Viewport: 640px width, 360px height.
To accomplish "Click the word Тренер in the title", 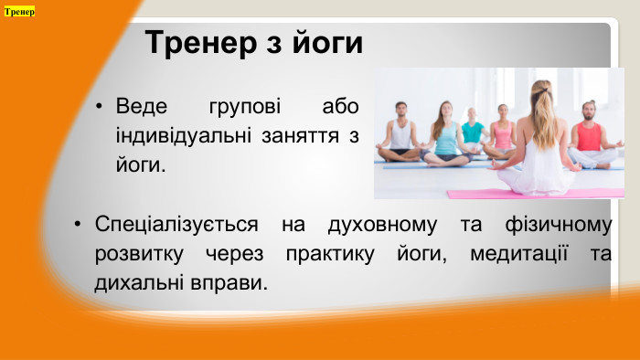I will tap(199, 44).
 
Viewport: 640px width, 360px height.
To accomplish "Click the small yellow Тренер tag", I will tap(19, 12).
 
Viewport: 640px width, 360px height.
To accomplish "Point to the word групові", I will tap(244, 106).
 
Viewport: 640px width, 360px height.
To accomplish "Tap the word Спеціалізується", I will tap(167, 224).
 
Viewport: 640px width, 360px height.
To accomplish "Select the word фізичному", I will tap(556, 224).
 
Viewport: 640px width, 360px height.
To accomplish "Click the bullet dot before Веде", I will tap(100, 106).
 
